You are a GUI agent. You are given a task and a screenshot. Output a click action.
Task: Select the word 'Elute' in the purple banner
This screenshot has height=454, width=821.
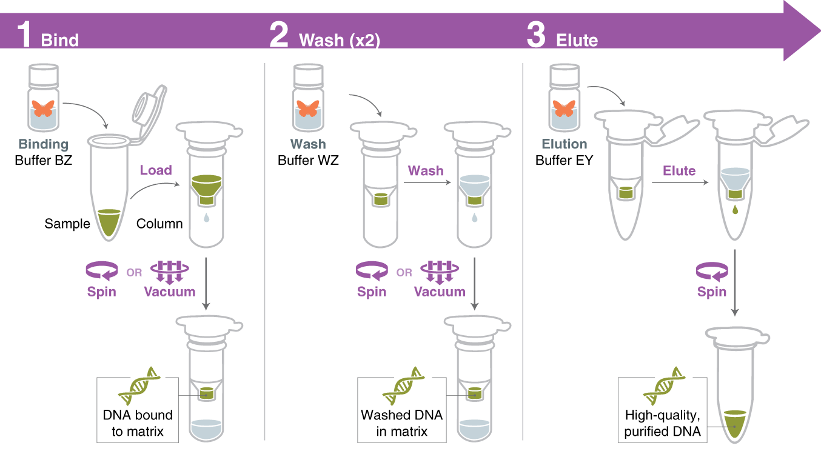point(577,40)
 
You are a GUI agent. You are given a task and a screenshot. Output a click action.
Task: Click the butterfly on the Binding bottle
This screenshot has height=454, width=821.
point(44,108)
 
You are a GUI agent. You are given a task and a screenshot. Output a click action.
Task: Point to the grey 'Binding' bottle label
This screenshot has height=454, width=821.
point(43,144)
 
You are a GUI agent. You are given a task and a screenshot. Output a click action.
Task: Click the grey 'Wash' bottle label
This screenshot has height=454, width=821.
point(308,144)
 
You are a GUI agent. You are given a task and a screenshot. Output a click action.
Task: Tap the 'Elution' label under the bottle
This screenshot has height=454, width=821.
point(564,144)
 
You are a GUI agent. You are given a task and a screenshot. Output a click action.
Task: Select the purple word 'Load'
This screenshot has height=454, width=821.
point(156,170)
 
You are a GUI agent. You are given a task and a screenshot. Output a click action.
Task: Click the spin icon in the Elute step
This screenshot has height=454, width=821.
point(712,271)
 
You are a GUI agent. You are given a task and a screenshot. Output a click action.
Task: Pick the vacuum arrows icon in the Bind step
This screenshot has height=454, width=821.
point(169,271)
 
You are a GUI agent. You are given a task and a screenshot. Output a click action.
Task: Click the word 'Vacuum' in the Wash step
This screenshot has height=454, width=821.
point(440,292)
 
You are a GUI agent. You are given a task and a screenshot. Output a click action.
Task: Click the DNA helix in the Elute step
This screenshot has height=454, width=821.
point(664,386)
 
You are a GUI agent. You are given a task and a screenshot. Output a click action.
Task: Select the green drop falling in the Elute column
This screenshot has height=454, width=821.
point(736,210)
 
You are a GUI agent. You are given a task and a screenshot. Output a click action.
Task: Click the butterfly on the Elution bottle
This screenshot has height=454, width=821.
point(564,108)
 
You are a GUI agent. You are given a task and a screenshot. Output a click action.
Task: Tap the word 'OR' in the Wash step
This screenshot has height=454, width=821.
point(404,273)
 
